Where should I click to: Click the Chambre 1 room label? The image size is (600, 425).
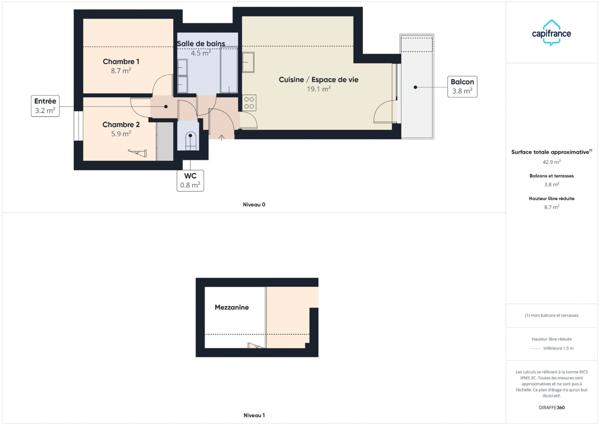click(121, 61)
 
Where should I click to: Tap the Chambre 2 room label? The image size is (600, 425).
click(121, 124)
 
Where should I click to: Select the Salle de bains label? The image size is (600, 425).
click(201, 44)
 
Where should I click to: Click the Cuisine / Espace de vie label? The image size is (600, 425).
click(318, 79)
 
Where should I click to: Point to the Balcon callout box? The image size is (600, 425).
click(462, 86)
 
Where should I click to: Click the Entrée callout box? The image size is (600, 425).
click(46, 106)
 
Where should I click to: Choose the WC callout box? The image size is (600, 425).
click(190, 180)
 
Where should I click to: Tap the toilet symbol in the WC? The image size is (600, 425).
click(190, 140)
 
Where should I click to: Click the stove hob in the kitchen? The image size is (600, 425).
click(249, 102)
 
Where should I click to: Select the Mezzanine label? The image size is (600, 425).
click(231, 307)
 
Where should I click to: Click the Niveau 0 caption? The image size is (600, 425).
click(254, 204)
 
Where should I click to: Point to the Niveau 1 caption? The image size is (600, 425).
click(254, 414)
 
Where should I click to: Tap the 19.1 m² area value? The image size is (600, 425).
click(318, 89)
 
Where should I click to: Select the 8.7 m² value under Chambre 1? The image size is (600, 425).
click(121, 71)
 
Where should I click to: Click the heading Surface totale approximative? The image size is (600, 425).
click(551, 151)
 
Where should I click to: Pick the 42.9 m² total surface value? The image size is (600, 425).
click(552, 161)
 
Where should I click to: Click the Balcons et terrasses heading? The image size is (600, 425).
click(552, 176)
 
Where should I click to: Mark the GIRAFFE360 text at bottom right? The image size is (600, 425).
click(552, 408)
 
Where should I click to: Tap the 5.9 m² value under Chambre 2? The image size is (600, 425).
click(121, 134)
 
